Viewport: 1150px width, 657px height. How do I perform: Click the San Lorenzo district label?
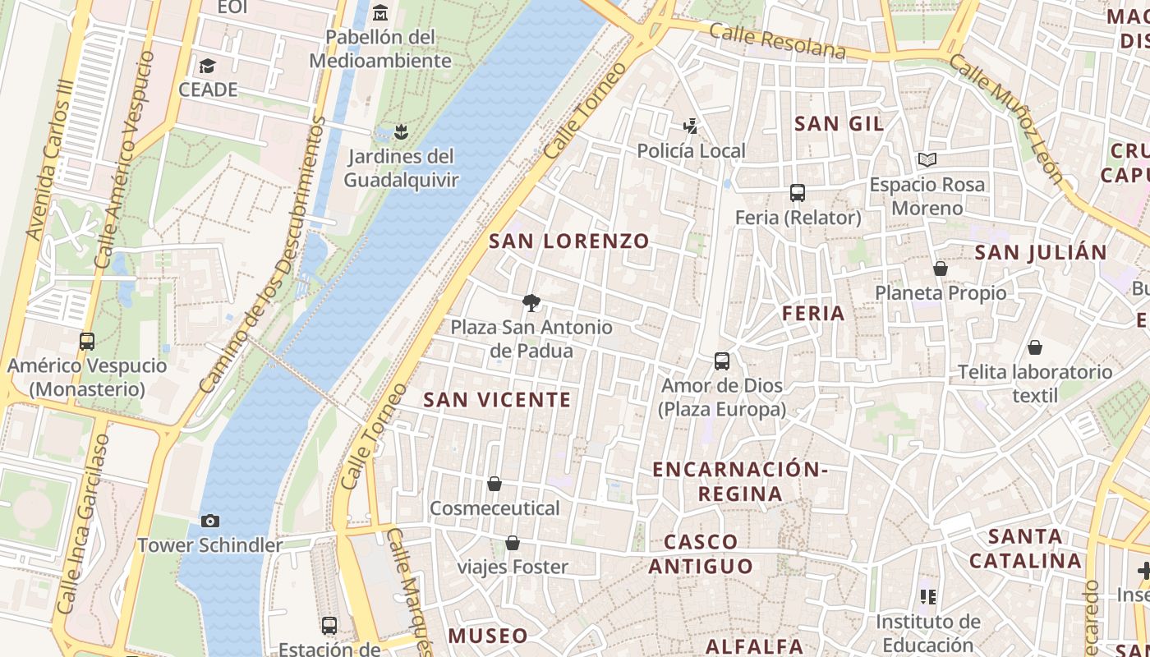click(568, 241)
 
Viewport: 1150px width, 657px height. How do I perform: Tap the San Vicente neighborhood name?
click(496, 400)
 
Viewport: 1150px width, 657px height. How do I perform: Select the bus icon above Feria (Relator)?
click(797, 193)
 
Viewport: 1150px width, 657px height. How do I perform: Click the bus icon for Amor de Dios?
click(722, 361)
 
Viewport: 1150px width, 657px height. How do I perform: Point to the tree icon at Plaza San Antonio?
click(531, 303)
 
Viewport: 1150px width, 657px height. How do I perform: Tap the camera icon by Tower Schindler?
click(210, 521)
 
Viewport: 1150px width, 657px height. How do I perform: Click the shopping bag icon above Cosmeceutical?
click(494, 484)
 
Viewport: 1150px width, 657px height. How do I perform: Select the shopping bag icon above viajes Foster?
click(513, 543)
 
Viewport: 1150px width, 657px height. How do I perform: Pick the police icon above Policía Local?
click(691, 126)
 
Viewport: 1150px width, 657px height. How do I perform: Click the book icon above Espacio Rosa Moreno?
click(927, 159)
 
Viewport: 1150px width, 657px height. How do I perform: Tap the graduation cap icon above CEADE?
click(208, 65)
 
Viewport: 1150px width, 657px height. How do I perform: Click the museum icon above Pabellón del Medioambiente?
click(380, 13)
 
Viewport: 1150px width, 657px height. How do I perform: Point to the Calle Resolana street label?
click(776, 40)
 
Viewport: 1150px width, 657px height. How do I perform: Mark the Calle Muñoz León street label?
click(1006, 118)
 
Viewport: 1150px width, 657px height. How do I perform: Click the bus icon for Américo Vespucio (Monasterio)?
click(87, 341)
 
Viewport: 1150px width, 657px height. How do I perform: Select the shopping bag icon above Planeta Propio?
click(941, 269)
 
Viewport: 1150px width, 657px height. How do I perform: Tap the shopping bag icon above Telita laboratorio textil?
click(1035, 347)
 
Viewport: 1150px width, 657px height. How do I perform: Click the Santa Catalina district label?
click(1024, 549)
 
